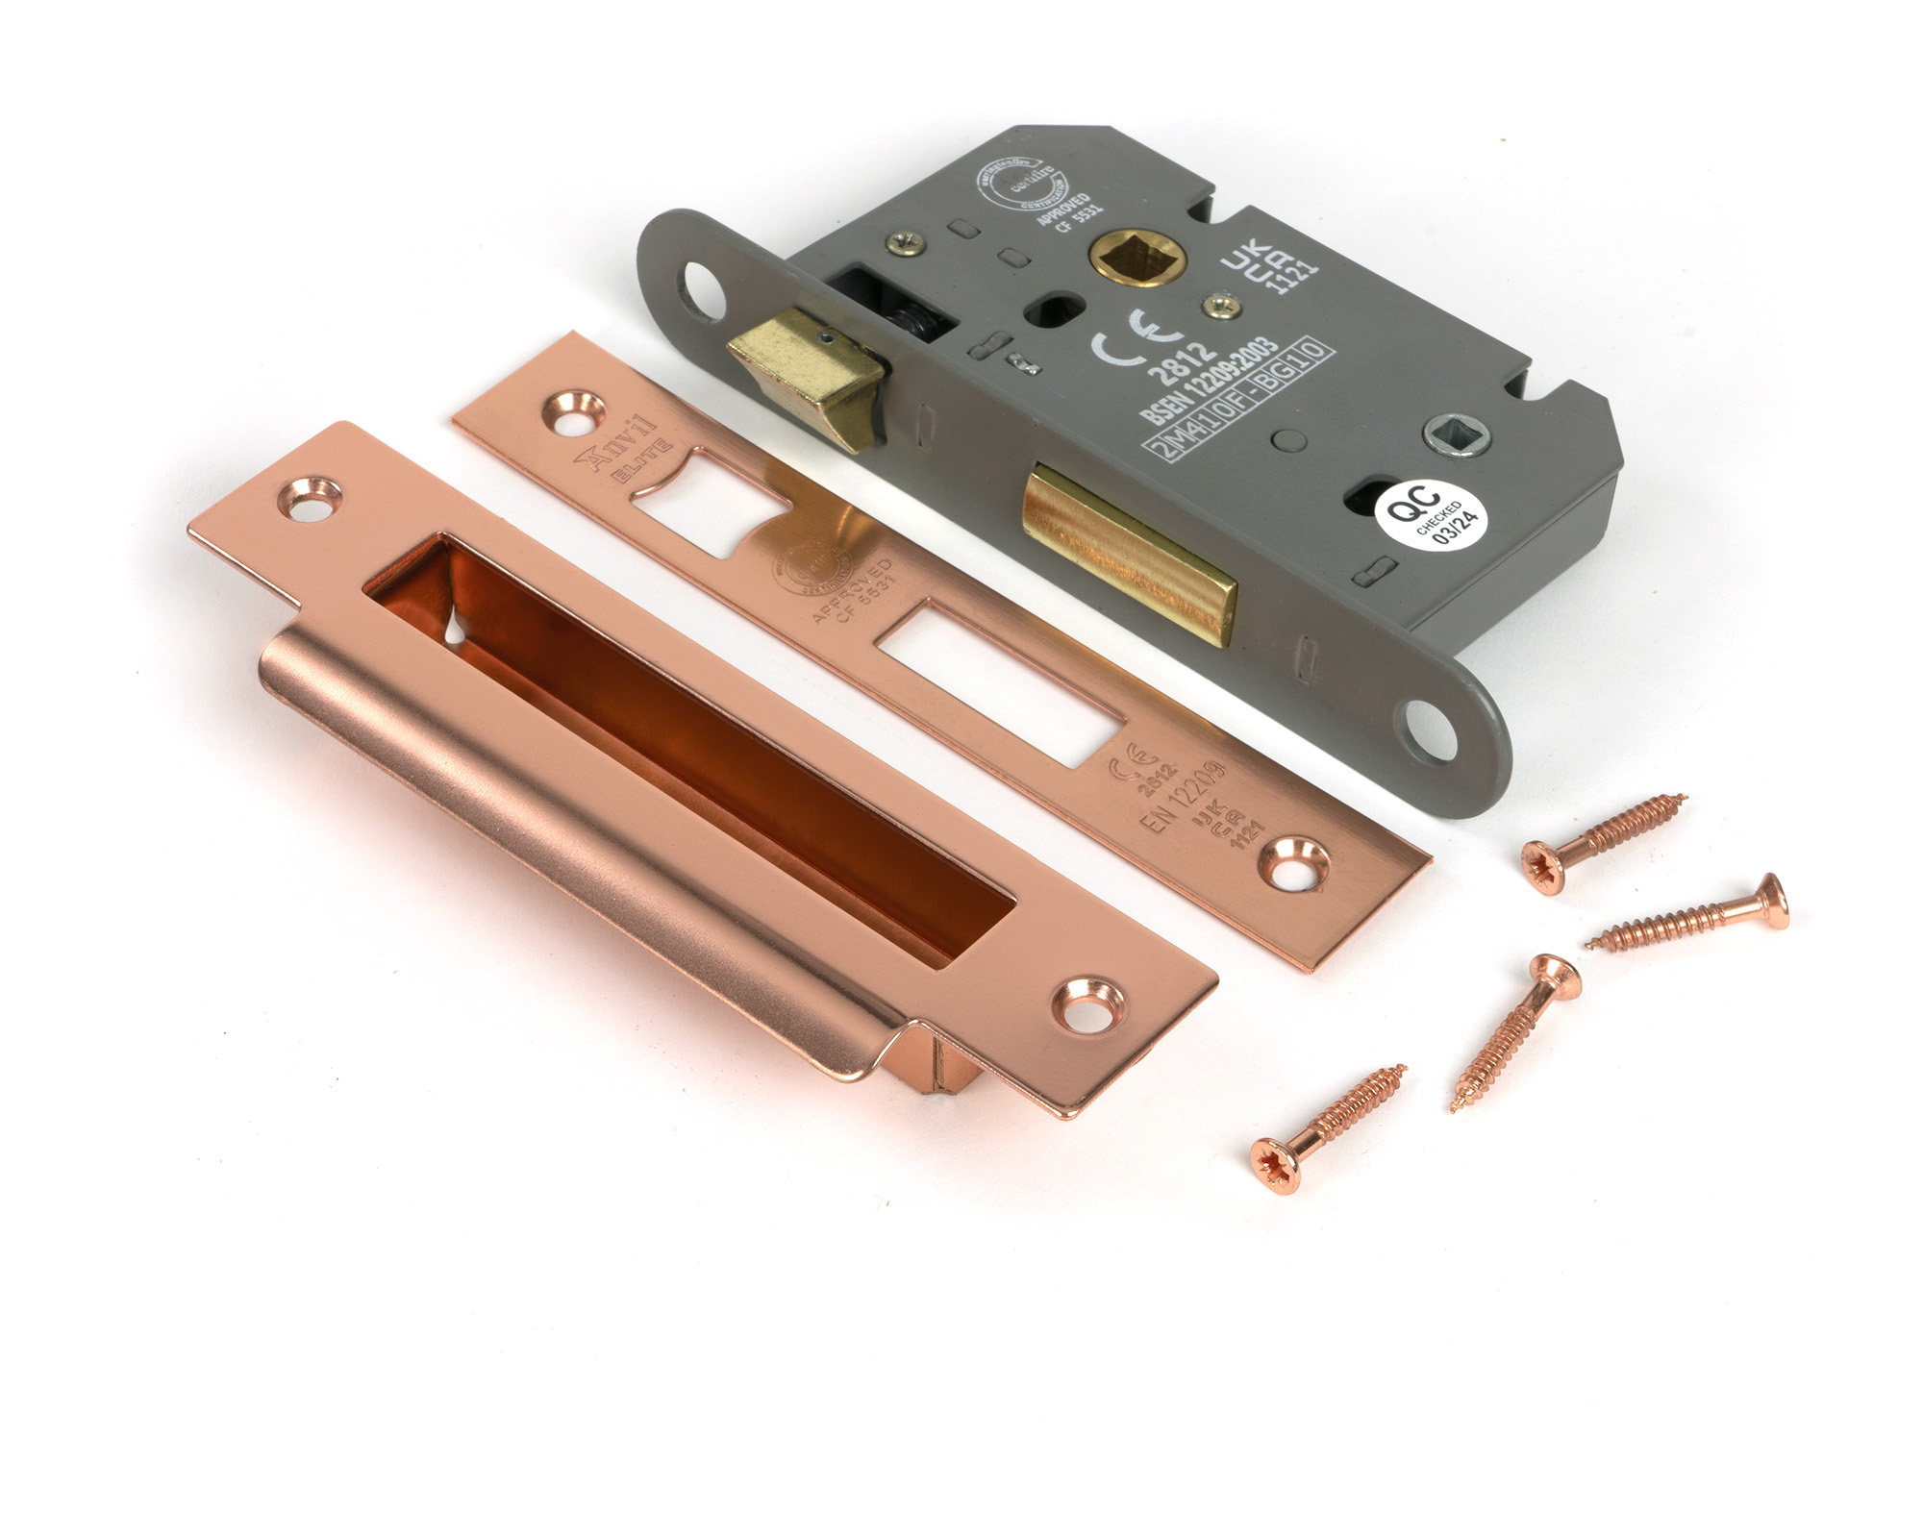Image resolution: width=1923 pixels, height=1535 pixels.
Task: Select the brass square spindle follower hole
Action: point(1135,257)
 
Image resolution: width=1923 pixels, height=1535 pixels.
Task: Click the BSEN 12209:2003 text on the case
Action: point(1209,381)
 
